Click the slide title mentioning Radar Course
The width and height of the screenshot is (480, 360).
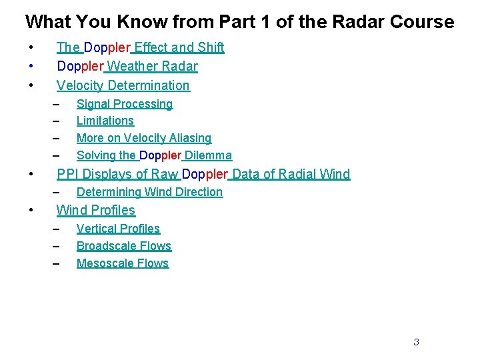pos(239,21)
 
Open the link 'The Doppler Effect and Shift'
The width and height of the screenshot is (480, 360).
pos(140,47)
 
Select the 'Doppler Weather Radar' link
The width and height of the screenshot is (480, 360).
pos(127,66)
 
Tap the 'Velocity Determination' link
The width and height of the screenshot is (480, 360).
pos(123,85)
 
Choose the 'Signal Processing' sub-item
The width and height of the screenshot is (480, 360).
pos(125,104)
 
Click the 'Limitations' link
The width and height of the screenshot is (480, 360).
pos(105,121)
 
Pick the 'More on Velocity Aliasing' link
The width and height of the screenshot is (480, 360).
pos(144,138)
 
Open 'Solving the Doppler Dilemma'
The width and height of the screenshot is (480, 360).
pos(154,155)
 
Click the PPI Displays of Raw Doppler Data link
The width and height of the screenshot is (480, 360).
pos(203,174)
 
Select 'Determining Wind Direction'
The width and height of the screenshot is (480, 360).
pos(149,192)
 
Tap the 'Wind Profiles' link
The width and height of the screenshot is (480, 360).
pos(96,210)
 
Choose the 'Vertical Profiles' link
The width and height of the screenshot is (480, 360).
pos(118,229)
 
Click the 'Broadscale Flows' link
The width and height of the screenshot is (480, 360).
pos(124,246)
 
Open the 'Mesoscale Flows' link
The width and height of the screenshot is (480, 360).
pos(123,263)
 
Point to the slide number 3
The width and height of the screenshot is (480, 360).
pos(416,342)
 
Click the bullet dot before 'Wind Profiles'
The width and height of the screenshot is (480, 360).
pos(31,210)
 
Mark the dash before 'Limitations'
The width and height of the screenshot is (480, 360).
pos(57,121)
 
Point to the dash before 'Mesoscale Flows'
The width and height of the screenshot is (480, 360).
pos(57,263)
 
